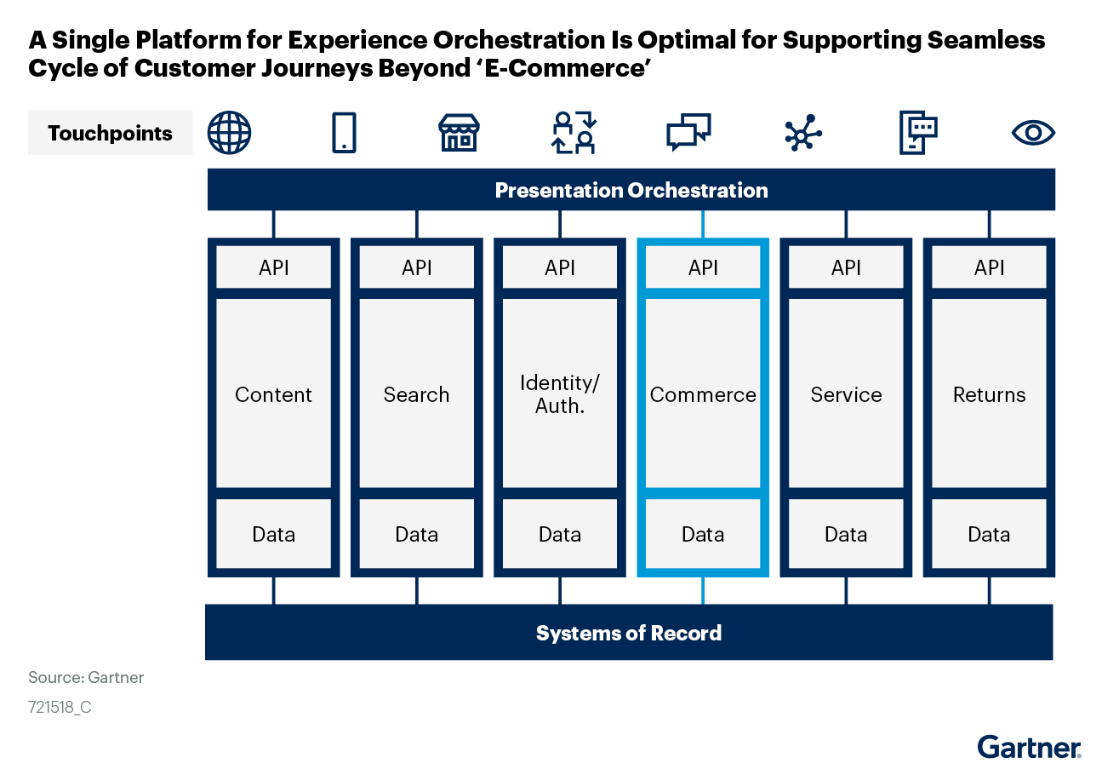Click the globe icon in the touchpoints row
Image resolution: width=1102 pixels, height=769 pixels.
click(229, 133)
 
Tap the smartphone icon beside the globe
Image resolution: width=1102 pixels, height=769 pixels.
click(344, 133)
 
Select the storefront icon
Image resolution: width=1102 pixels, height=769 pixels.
click(459, 133)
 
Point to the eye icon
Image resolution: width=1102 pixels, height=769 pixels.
click(1032, 133)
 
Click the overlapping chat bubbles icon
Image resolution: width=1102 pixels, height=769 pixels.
click(688, 132)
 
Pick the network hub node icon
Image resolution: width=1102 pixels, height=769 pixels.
click(803, 133)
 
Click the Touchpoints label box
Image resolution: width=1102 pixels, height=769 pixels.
click(111, 133)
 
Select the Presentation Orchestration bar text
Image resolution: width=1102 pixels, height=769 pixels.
click(631, 190)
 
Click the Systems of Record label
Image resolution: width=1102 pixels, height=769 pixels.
click(629, 633)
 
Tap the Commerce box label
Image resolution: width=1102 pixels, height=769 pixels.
click(703, 394)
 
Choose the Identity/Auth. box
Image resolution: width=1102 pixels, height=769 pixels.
click(560, 393)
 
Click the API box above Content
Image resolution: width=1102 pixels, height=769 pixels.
click(273, 267)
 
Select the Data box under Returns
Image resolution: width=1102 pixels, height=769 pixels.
click(989, 534)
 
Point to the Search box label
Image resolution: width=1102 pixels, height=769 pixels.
click(416, 394)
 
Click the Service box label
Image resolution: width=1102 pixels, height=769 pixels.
click(846, 394)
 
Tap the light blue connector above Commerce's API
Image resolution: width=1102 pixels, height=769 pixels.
click(703, 224)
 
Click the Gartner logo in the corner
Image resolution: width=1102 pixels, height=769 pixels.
click(1029, 748)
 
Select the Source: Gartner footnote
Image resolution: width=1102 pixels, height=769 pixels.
click(86, 677)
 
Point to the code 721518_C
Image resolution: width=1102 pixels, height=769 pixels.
click(60, 708)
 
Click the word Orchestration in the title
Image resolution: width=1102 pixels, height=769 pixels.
click(519, 40)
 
